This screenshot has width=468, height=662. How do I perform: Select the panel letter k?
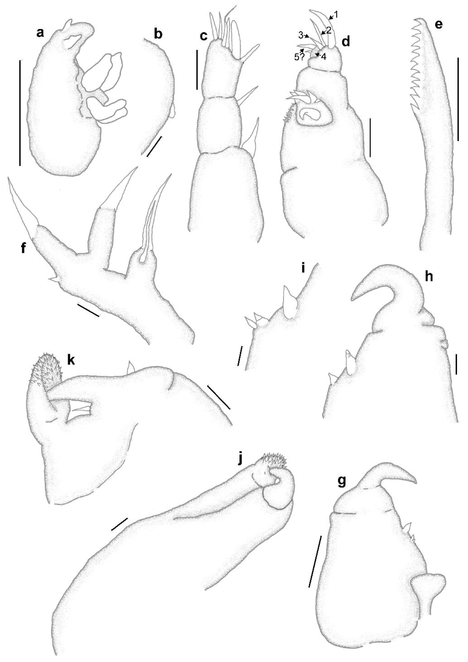(71, 360)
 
